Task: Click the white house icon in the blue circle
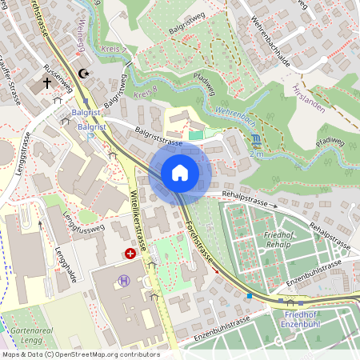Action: click(x=180, y=173)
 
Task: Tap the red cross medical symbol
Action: click(x=130, y=253)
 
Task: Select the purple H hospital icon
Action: click(x=123, y=280)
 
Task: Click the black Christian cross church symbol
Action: click(x=46, y=82)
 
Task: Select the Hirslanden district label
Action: click(x=306, y=95)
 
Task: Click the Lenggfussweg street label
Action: click(x=89, y=229)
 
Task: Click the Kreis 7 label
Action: click(x=115, y=50)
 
